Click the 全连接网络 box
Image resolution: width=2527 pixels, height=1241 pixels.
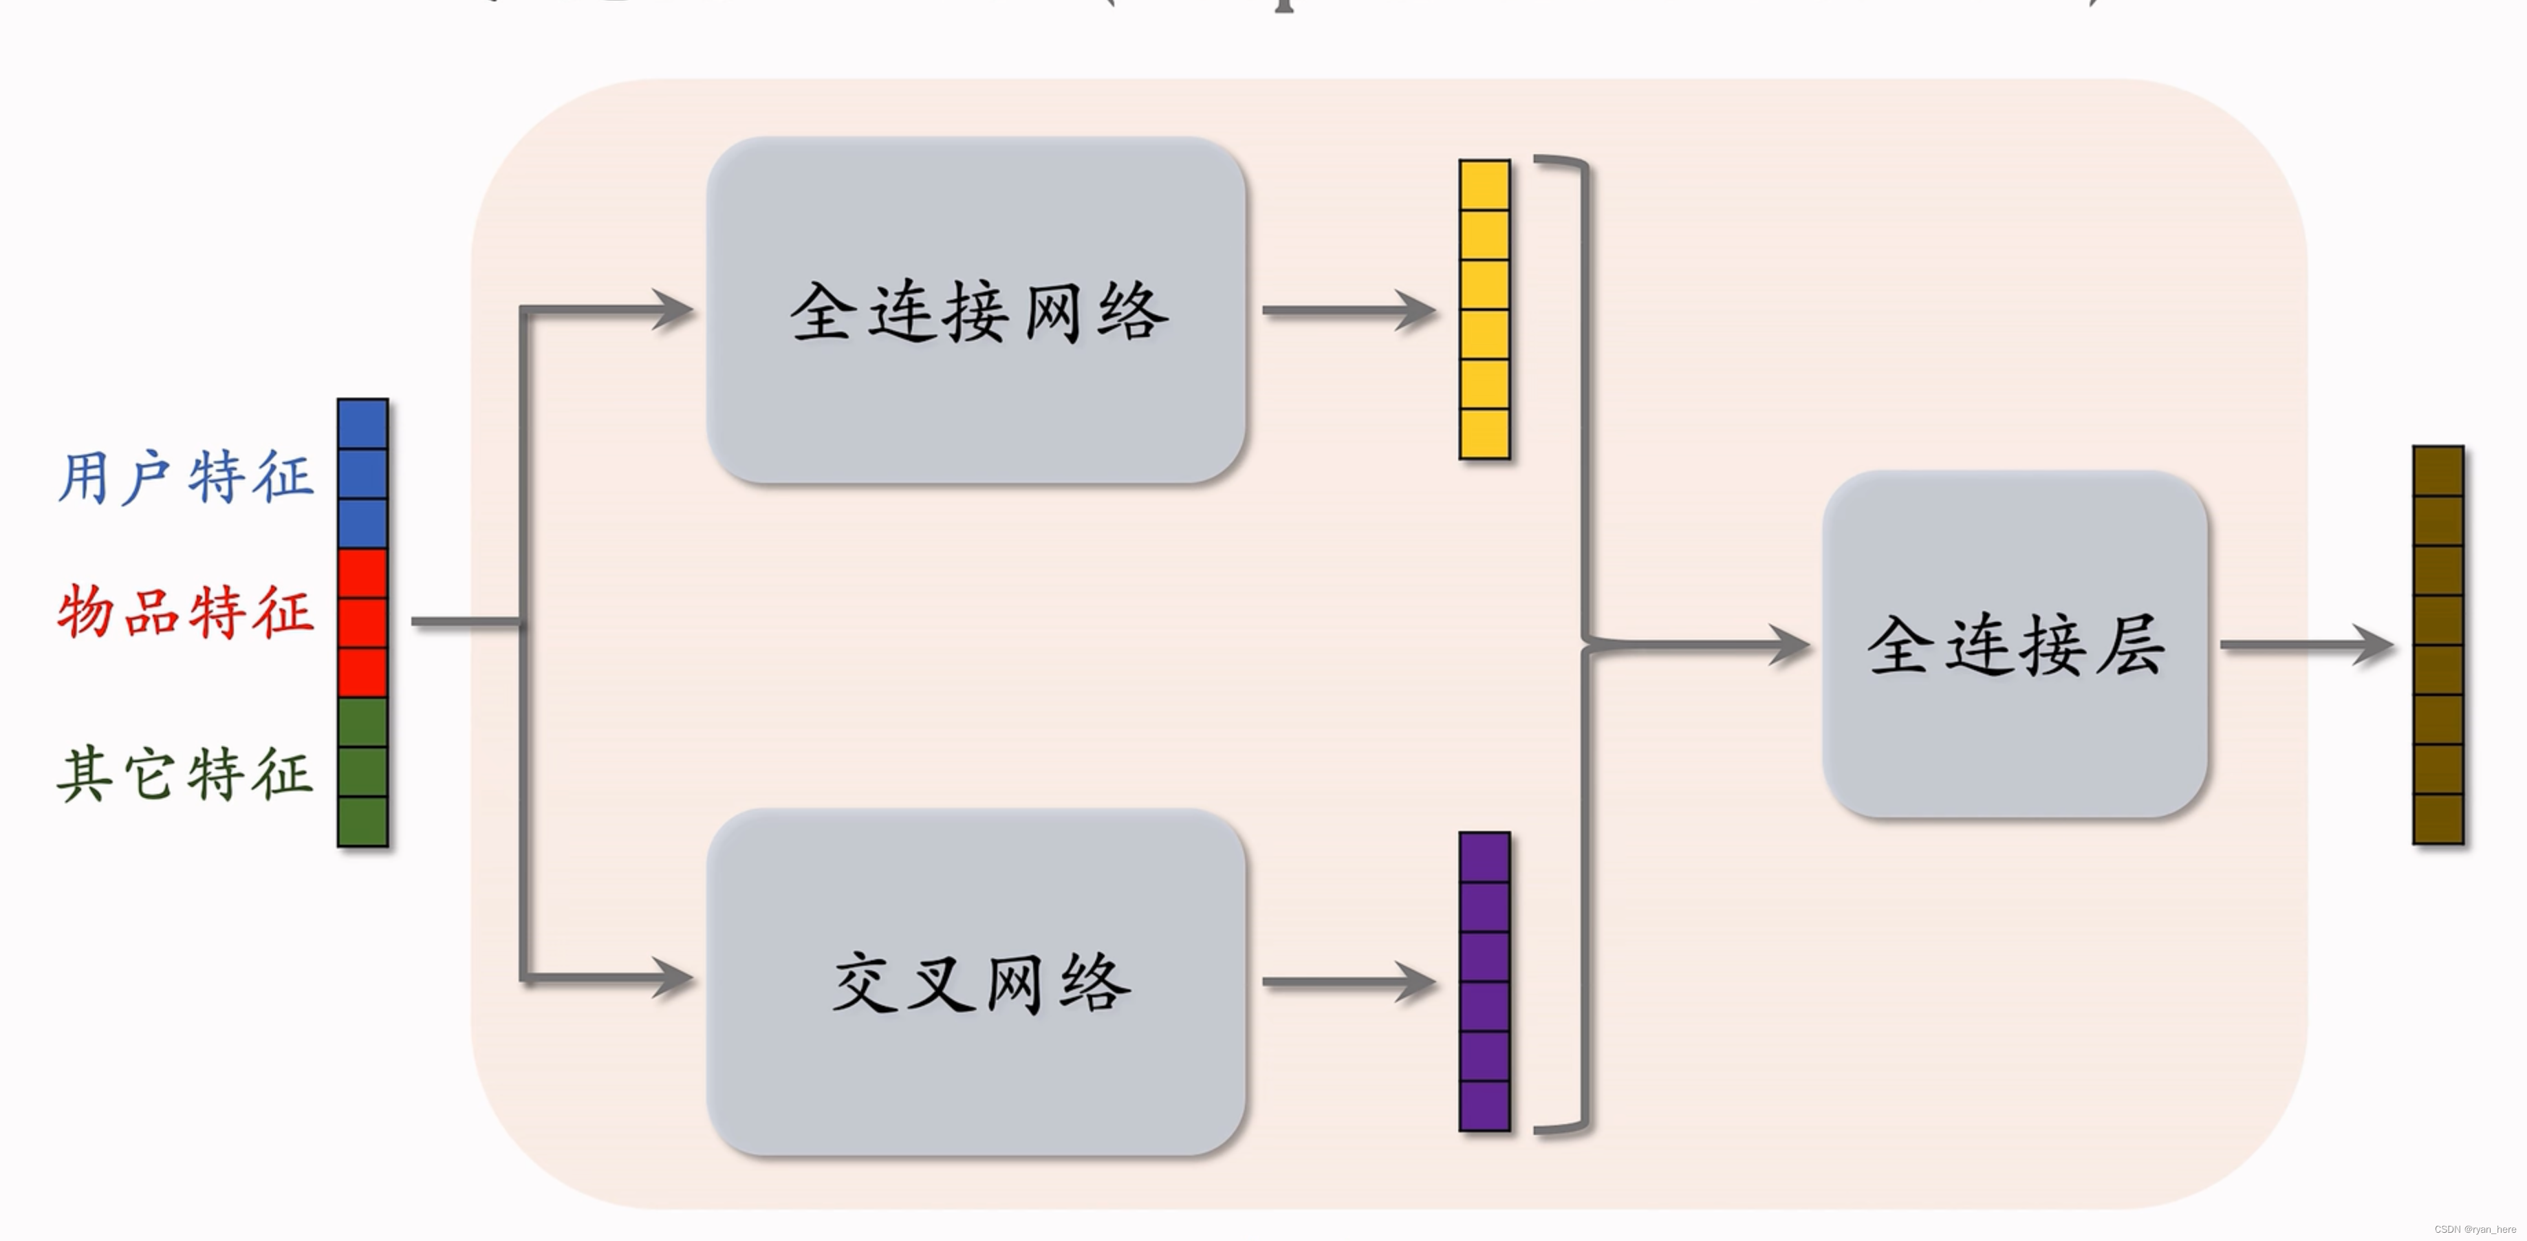coord(976,310)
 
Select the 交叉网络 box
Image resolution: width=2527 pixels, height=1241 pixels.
coord(976,981)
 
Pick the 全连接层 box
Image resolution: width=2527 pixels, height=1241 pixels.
coord(2015,645)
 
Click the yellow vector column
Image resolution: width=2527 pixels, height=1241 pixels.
coord(1484,310)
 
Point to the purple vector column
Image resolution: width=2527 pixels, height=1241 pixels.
coord(1484,981)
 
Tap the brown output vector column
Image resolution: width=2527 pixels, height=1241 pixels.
coord(2438,645)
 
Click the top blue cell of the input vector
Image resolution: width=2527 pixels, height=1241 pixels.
coord(363,424)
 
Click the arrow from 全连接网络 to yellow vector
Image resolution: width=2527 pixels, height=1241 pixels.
coord(1349,310)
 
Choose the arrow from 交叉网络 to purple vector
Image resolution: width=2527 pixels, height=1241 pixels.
coord(1349,981)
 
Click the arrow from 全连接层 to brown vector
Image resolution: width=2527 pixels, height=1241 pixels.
coord(2306,645)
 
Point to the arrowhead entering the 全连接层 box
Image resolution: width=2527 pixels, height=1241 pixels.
coord(1790,645)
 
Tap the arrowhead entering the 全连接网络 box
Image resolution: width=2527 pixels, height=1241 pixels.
coord(675,310)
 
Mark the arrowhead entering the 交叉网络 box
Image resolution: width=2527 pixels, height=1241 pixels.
coord(675,978)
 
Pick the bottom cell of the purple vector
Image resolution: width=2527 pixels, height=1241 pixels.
coord(1484,1105)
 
